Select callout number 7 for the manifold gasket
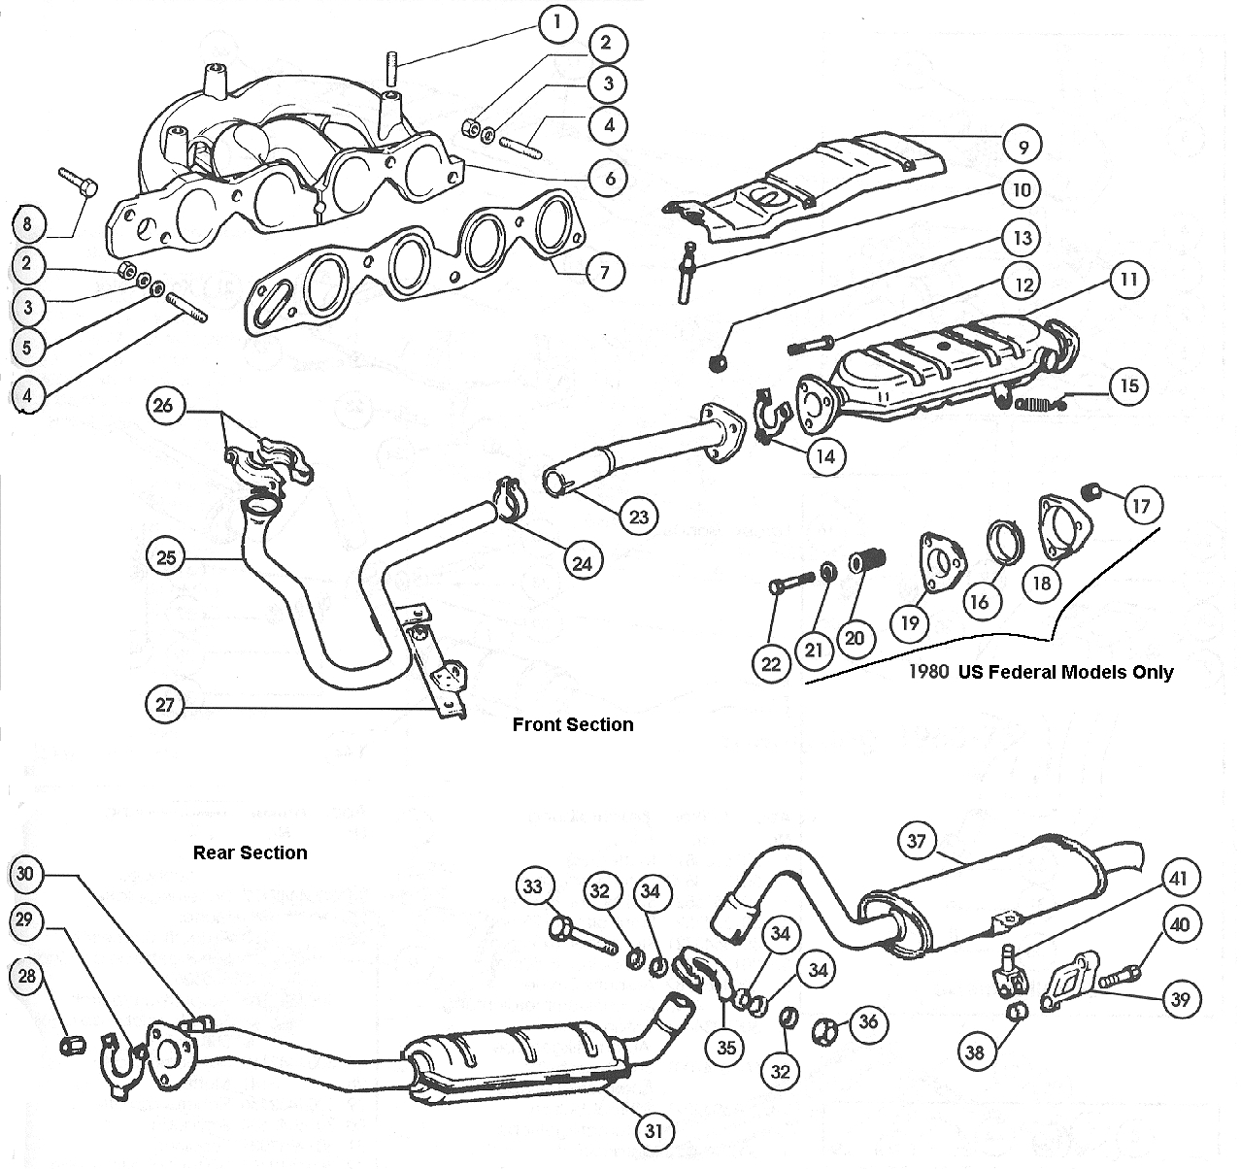pyautogui.click(x=604, y=271)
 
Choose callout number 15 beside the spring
pyautogui.click(x=1127, y=385)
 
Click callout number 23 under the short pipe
pyautogui.click(x=638, y=517)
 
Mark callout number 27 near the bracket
pyautogui.click(x=164, y=704)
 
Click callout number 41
pyautogui.click(x=1178, y=880)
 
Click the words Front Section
pyautogui.click(x=572, y=724)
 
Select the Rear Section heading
pyautogui.click(x=250, y=852)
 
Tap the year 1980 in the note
pyautogui.click(x=929, y=671)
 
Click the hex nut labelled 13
pyautogui.click(x=719, y=362)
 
